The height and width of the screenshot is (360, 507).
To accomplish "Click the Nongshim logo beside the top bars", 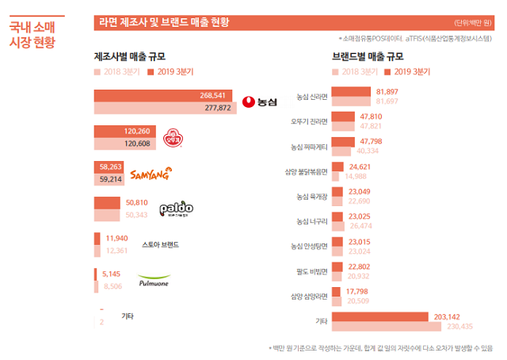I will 262,101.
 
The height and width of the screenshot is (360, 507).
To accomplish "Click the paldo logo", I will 176,209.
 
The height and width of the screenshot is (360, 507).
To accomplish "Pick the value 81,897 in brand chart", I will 387,92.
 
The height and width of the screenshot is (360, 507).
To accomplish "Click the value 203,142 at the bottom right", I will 447,316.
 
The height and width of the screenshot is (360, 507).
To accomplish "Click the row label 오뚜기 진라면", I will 310,121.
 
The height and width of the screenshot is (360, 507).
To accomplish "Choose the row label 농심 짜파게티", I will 310,147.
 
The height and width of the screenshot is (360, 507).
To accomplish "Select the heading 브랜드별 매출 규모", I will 368,57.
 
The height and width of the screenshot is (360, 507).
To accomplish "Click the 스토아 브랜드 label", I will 160,244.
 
